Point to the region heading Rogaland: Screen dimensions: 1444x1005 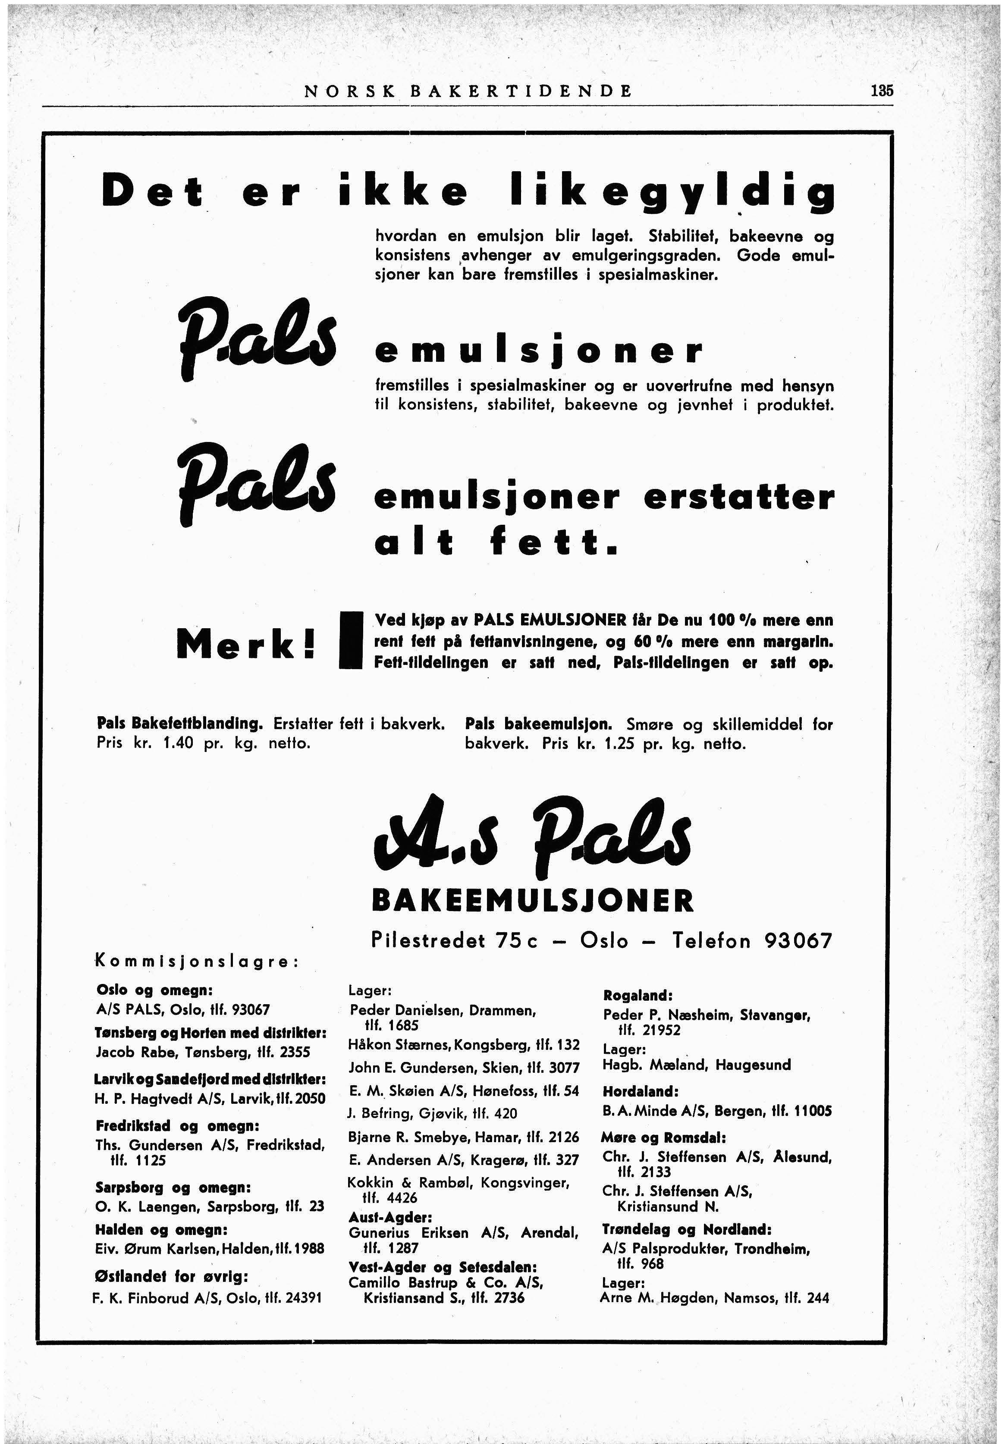638,996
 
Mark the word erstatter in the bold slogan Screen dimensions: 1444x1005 739,498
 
